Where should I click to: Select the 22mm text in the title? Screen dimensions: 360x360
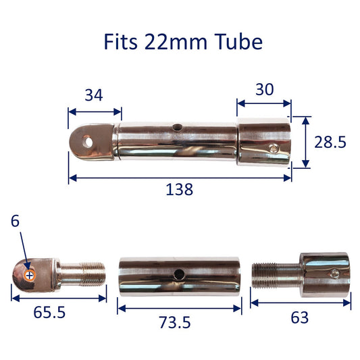point(176,42)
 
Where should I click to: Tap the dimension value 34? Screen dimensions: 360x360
point(94,95)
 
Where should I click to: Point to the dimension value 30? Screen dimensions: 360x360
point(265,89)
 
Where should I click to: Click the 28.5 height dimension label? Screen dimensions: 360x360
point(330,142)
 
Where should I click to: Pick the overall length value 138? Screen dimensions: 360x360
point(179,189)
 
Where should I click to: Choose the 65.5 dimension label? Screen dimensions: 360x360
point(49,312)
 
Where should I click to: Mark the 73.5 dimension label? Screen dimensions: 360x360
point(175,322)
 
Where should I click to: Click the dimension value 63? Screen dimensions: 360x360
point(300,317)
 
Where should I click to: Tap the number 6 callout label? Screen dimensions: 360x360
point(15,222)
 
